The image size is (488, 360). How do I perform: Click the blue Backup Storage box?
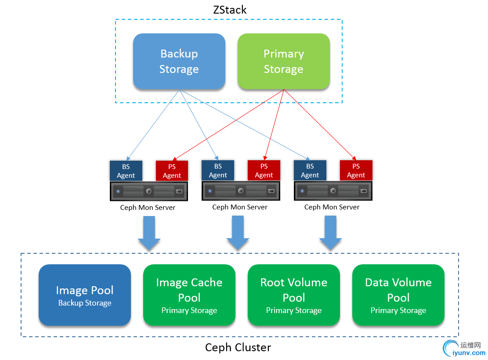click(179, 61)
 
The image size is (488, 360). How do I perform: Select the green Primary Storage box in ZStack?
click(284, 61)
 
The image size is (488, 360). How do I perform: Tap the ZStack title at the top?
click(230, 10)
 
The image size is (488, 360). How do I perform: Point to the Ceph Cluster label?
click(238, 348)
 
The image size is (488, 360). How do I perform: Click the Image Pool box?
click(85, 295)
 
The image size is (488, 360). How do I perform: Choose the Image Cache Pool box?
click(189, 295)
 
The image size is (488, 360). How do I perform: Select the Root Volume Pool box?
click(294, 295)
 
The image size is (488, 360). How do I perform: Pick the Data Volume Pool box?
click(398, 295)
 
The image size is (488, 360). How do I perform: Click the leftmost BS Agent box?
click(126, 171)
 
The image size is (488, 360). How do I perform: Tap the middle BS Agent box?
click(218, 170)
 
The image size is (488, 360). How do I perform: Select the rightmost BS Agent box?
click(310, 170)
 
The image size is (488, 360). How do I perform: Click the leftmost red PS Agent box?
click(172, 171)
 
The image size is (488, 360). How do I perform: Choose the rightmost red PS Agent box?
click(356, 170)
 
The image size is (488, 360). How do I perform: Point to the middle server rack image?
click(240, 191)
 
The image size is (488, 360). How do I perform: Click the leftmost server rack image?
click(148, 191)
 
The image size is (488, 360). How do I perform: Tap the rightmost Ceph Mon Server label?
click(332, 207)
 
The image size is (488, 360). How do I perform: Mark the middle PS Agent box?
click(264, 170)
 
